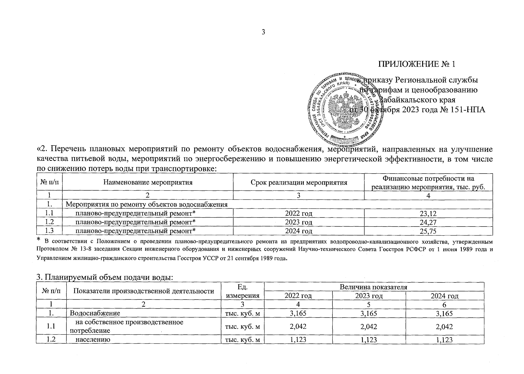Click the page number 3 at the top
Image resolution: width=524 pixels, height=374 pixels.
pyautogui.click(x=263, y=32)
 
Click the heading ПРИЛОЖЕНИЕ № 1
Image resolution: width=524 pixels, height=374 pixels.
pyautogui.click(x=417, y=65)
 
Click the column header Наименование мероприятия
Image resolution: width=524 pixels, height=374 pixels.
pyautogui.click(x=148, y=183)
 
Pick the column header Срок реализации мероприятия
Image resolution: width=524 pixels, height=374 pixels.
pyautogui.click(x=299, y=183)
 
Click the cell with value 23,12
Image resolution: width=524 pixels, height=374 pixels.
pyautogui.click(x=428, y=213)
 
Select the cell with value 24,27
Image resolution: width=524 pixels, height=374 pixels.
pyautogui.click(x=428, y=222)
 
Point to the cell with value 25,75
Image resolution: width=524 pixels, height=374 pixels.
pyautogui.click(x=428, y=231)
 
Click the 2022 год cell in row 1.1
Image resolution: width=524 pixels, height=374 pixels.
pyautogui.click(x=298, y=213)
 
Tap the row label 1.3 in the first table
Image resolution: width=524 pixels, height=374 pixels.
pyautogui.click(x=50, y=231)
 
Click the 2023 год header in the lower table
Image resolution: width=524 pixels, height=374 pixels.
pyautogui.click(x=369, y=296)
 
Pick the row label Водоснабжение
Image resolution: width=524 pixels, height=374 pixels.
pyautogui.click(x=95, y=313)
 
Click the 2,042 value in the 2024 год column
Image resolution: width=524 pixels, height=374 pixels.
pyautogui.click(x=445, y=327)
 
